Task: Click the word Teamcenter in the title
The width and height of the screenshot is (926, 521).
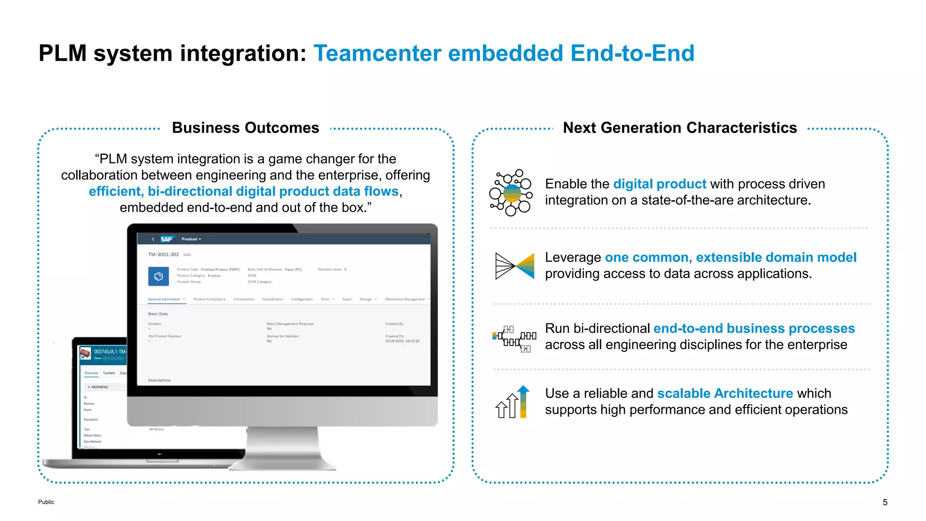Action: [x=377, y=53]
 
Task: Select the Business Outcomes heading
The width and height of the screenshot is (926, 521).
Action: [x=246, y=128]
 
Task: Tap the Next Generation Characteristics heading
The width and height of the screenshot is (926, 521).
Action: [x=680, y=128]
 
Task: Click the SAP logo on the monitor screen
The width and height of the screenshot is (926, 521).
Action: [x=166, y=239]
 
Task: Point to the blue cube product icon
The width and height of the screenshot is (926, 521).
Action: [x=158, y=276]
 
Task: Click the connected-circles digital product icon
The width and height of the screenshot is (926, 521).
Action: [x=511, y=193]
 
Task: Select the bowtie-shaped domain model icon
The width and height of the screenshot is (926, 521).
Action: [x=515, y=266]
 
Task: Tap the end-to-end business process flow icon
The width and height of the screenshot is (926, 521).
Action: [x=514, y=338]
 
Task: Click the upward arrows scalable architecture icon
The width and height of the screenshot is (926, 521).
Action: [x=512, y=402]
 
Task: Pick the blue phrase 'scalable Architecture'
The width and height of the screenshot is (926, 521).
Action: [x=725, y=393]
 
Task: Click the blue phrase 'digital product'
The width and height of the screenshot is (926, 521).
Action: [x=659, y=184]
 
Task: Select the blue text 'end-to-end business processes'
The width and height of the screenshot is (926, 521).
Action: [x=754, y=328]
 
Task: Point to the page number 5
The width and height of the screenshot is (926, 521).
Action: [x=885, y=502]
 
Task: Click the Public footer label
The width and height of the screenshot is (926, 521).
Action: [x=46, y=502]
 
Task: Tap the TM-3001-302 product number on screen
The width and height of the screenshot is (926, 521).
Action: [x=163, y=255]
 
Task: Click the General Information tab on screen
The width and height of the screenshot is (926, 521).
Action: [x=164, y=299]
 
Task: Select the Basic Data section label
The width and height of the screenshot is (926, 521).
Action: [x=158, y=314]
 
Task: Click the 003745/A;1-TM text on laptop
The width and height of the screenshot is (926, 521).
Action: [x=110, y=351]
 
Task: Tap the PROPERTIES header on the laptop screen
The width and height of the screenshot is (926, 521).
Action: [x=99, y=387]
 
